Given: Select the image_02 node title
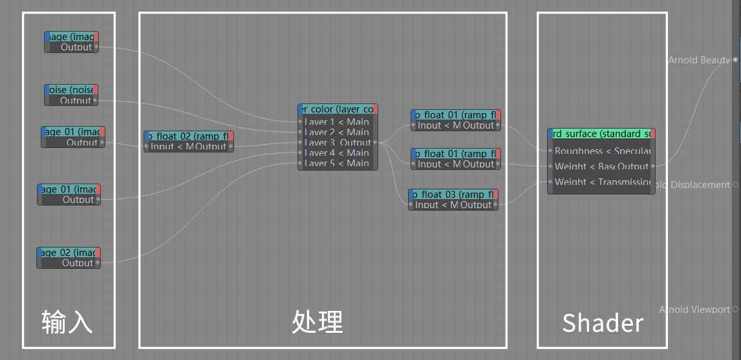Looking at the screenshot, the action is tap(69, 253).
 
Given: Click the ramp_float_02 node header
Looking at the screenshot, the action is tap(188, 136).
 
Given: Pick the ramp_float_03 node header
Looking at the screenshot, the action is tap(453, 195).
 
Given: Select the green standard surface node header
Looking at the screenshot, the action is tap(601, 134).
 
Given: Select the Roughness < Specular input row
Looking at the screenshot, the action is tap(602, 151).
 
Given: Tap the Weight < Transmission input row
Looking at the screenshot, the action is tap(602, 182).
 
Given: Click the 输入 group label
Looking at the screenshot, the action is tap(67, 322).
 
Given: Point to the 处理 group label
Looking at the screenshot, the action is tap(317, 321).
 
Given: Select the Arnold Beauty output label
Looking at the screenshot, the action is tap(699, 60).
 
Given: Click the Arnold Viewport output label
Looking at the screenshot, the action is tap(694, 310).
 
